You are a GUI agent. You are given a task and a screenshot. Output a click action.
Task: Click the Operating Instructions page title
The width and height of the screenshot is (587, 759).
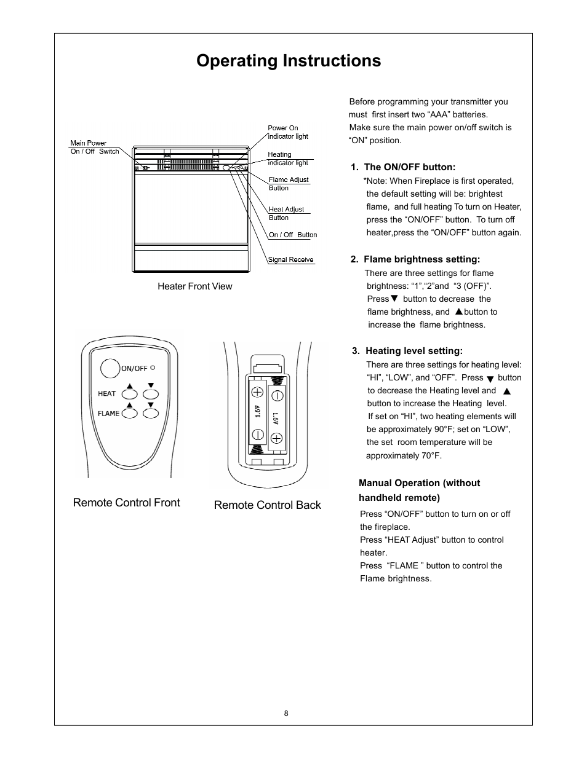pyautogui.click(x=289, y=61)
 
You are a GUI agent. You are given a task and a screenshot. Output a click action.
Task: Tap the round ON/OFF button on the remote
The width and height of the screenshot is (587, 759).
pyautogui.click(x=110, y=368)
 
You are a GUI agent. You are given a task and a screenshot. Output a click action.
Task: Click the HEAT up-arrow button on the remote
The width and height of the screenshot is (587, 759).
pyautogui.click(x=130, y=394)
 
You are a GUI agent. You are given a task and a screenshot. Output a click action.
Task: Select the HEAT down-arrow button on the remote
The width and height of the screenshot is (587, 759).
pyautogui.click(x=151, y=394)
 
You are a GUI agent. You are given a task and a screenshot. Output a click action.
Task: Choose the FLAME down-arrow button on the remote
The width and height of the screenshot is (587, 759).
pyautogui.click(x=151, y=414)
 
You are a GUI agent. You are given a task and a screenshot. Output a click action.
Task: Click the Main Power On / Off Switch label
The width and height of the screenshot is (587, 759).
pyautogui.click(x=94, y=147)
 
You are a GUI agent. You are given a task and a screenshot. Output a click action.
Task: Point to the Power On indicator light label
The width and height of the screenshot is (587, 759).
pyautogui.click(x=287, y=132)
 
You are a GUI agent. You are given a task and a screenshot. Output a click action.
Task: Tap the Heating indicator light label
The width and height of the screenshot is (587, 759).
pyautogui.click(x=287, y=159)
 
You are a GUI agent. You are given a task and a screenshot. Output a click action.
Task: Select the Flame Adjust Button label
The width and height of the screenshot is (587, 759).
pyautogui.click(x=288, y=184)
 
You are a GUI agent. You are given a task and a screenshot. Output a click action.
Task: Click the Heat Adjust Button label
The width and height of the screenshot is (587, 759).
pyautogui.click(x=286, y=213)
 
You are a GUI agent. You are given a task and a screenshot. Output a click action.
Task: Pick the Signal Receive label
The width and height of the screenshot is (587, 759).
pyautogui.click(x=291, y=259)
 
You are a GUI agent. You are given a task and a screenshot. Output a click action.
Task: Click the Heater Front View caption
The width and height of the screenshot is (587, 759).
pyautogui.click(x=194, y=286)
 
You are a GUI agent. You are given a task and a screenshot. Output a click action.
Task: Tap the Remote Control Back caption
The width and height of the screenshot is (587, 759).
pyautogui.click(x=267, y=505)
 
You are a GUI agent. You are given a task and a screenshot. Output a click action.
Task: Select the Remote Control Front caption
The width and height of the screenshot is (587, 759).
pyautogui.click(x=126, y=503)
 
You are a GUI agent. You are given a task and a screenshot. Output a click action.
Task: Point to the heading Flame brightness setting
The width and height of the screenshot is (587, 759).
pyautogui.click(x=415, y=259)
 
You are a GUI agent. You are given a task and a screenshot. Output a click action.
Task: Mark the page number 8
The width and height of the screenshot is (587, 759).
pyautogui.click(x=286, y=714)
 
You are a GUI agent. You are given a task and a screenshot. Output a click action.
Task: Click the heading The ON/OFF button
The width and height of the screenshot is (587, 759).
pyautogui.click(x=403, y=167)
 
